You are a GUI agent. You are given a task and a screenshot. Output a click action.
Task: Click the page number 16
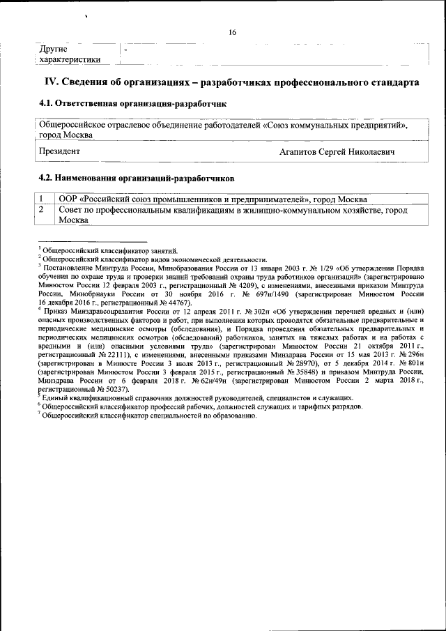pyautogui.click(x=232, y=32)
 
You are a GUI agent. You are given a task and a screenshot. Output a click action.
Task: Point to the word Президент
pyautogui.click(x=60, y=151)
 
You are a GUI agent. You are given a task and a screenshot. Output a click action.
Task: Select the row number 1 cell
pyautogui.click(x=43, y=199)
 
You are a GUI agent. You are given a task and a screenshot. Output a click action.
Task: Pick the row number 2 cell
pyautogui.click(x=43, y=209)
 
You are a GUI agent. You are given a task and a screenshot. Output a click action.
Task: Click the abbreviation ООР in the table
pyautogui.click(x=69, y=199)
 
